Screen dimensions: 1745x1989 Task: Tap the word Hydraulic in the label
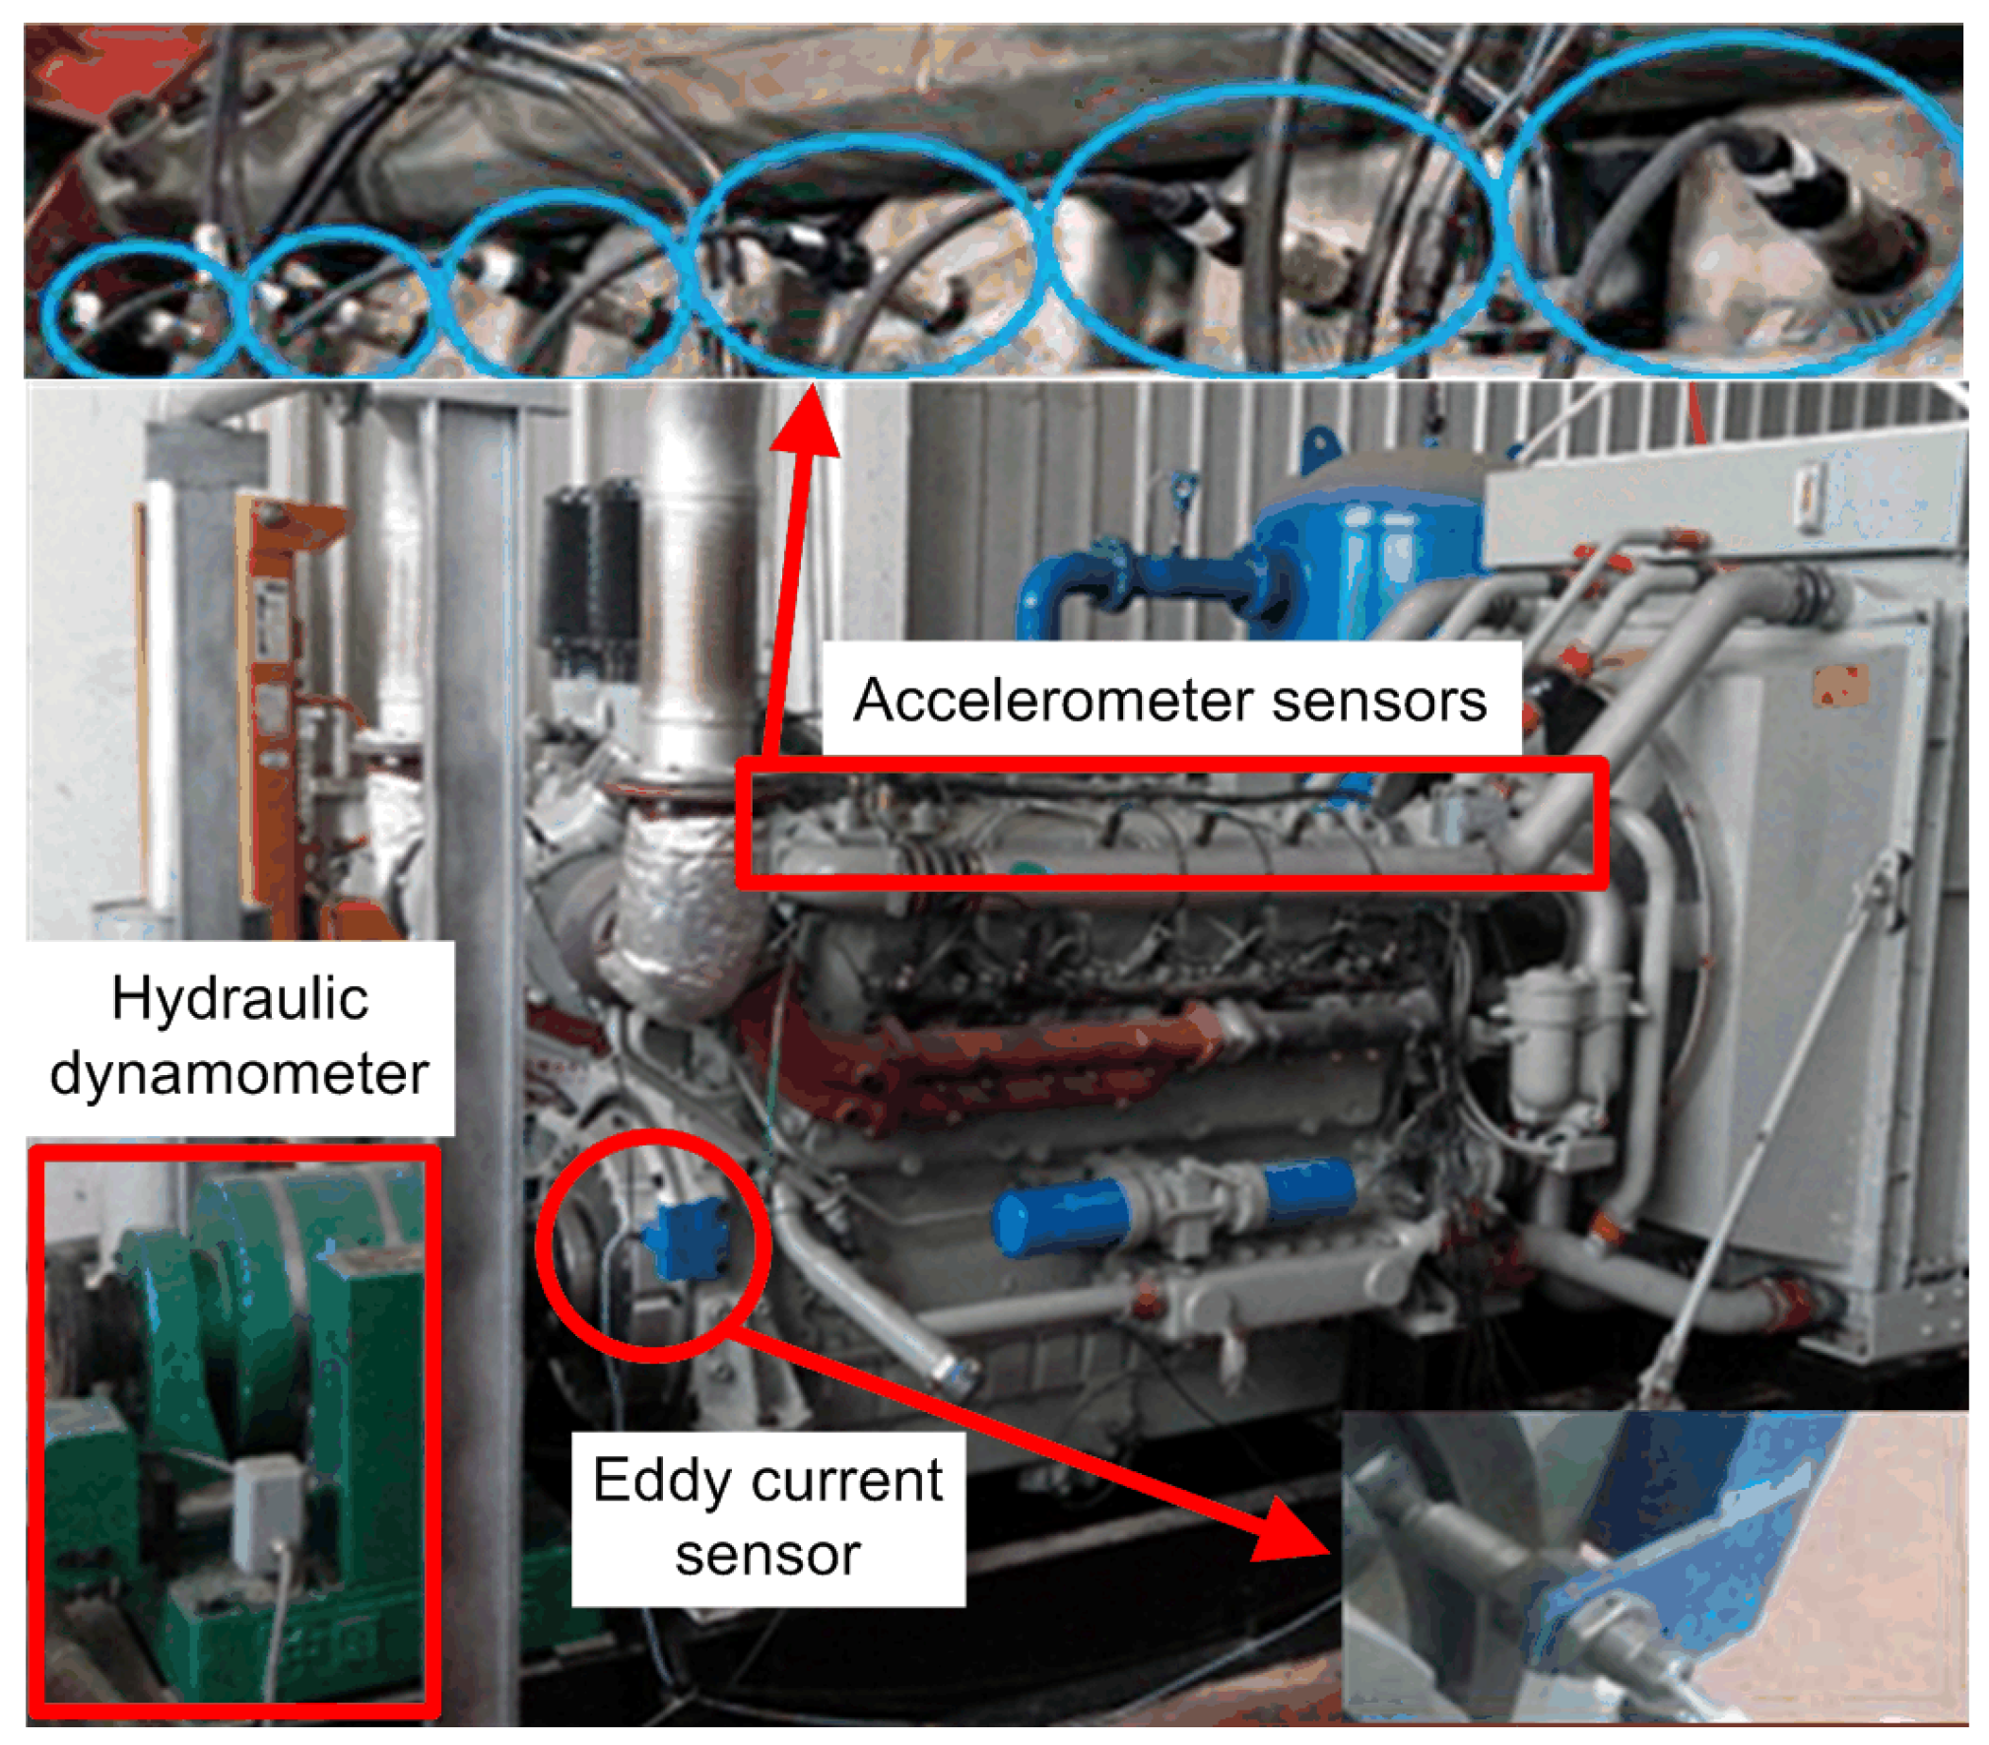[x=239, y=998]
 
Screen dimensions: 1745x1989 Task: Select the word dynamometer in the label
[x=239, y=1072]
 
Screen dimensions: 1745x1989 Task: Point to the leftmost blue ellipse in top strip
[x=138, y=310]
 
